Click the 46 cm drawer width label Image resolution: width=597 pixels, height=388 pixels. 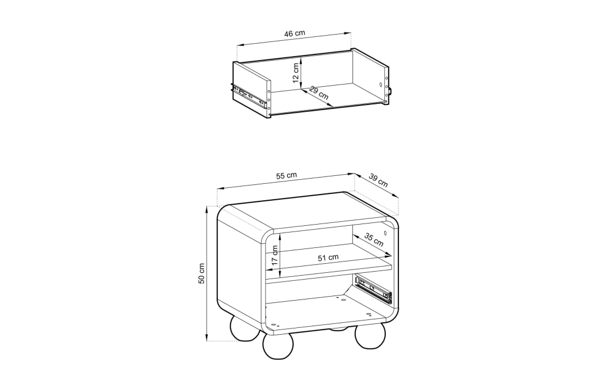[295, 33]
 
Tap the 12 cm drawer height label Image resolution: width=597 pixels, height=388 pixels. [296, 73]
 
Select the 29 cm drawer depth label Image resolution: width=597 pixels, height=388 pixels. [319, 93]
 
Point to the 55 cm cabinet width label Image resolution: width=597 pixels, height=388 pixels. [287, 175]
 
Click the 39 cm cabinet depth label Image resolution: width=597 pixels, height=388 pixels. [379, 180]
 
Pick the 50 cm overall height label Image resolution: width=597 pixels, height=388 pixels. [201, 273]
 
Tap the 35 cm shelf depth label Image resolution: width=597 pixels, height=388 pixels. [374, 239]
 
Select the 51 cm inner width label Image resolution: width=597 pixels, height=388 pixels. [328, 258]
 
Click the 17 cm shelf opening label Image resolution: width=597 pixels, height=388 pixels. [275, 255]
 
